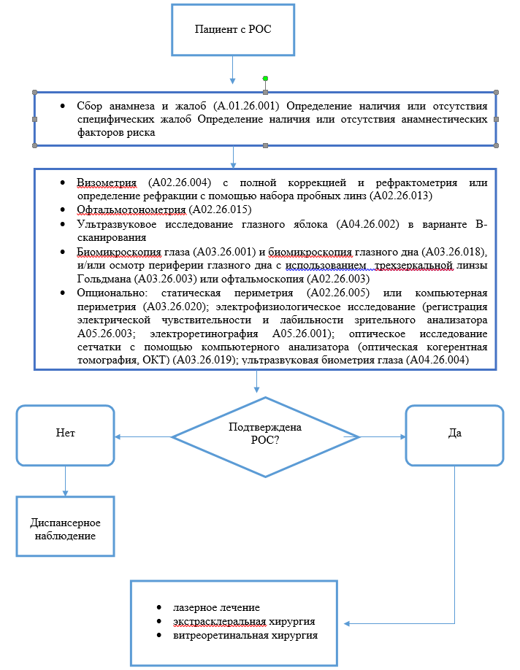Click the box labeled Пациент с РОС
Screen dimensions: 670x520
click(233, 29)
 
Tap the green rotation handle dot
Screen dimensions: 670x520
click(266, 78)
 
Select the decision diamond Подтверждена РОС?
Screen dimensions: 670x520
click(265, 436)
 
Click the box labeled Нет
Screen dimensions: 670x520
click(66, 433)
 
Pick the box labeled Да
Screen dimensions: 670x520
click(454, 433)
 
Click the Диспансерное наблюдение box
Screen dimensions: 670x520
click(65, 529)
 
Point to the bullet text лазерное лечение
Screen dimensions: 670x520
click(217, 607)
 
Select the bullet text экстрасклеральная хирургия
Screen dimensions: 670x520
click(244, 621)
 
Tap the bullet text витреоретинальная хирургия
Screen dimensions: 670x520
click(245, 635)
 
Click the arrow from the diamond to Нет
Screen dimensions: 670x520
click(143, 437)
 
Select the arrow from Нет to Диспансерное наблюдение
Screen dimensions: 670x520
click(66, 481)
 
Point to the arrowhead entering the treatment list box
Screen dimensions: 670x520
click(348, 623)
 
